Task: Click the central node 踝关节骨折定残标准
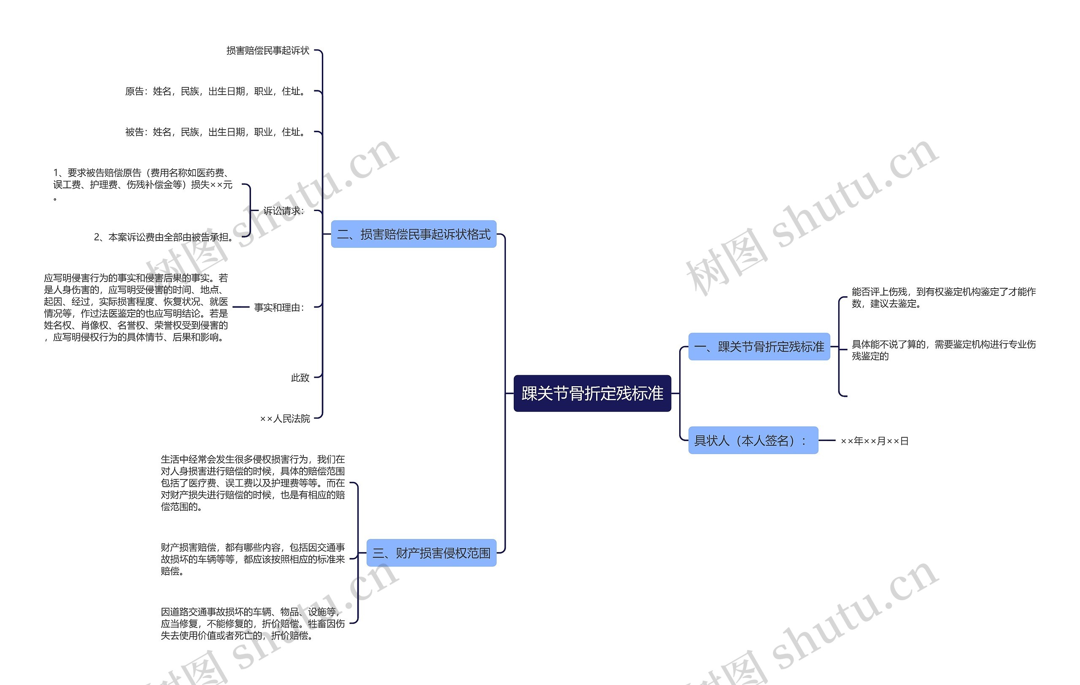coord(592,393)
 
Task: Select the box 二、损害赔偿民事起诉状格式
coord(413,234)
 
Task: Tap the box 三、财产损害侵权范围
coord(432,552)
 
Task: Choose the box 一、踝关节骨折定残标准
coord(759,347)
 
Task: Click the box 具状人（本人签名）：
coord(753,440)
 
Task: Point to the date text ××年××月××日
coord(875,441)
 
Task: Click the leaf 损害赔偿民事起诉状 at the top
coord(268,51)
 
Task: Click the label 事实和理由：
coord(279,307)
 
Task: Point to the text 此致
coord(300,378)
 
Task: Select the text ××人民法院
coord(285,419)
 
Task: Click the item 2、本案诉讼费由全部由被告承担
coord(164,237)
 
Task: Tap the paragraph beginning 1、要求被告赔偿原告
coord(143,184)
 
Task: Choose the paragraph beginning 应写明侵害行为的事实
coord(136,307)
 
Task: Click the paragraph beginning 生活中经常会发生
coord(253,483)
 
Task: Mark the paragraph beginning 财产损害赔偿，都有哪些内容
coord(253,559)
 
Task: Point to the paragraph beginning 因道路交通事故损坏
coord(253,623)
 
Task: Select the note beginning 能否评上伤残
coord(944,298)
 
